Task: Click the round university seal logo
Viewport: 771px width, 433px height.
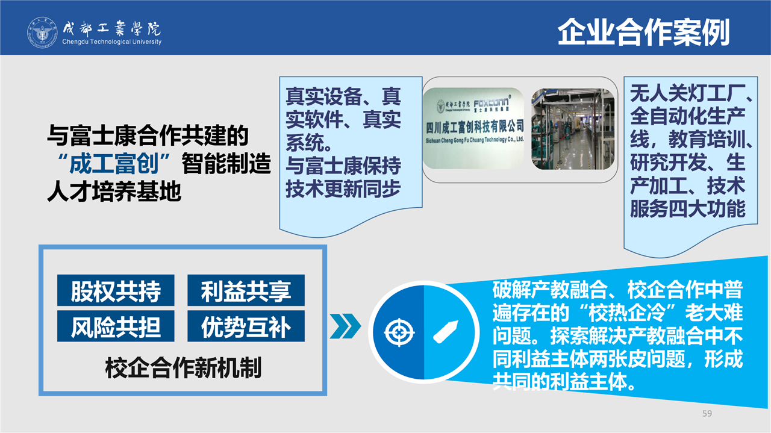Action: [x=42, y=33]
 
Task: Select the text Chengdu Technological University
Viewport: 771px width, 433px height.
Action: [x=112, y=42]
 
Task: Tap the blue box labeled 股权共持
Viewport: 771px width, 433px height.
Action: [x=116, y=290]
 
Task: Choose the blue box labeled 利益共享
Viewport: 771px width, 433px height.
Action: [x=246, y=290]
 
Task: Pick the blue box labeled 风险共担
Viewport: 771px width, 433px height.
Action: [x=116, y=326]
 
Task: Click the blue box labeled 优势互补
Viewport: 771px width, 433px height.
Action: [x=246, y=326]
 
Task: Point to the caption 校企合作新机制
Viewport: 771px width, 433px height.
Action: [x=183, y=368]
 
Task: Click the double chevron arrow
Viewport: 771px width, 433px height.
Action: [x=345, y=326]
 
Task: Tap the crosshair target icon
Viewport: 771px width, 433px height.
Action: [x=399, y=332]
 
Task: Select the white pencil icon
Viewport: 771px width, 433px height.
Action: [x=445, y=331]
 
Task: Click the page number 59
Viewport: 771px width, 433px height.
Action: [x=707, y=413]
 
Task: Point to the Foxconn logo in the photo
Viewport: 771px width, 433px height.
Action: [x=491, y=104]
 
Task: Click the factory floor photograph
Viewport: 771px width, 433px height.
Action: [x=573, y=129]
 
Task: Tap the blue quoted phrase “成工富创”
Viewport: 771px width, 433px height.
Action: [x=114, y=163]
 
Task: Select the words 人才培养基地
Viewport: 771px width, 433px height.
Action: [x=114, y=192]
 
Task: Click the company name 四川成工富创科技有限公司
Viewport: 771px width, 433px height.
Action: [x=475, y=127]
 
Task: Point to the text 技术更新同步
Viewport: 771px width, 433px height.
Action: [x=343, y=188]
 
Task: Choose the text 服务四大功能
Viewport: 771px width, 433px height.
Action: [x=688, y=208]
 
